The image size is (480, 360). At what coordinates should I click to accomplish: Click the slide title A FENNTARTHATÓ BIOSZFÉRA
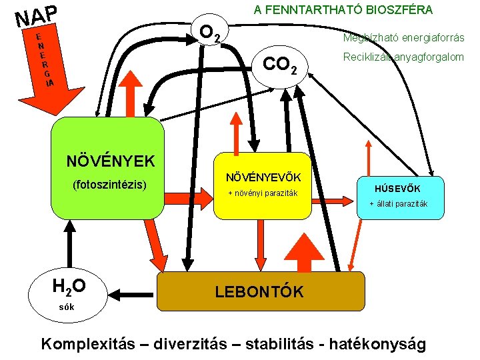[342, 10]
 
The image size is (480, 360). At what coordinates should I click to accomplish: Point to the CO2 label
[285, 65]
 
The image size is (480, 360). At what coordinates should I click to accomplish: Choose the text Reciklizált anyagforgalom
[403, 57]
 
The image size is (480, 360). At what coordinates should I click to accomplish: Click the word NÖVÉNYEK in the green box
[111, 161]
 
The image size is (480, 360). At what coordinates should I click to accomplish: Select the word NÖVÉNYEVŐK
[263, 177]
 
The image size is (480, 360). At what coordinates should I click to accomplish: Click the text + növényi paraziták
[263, 194]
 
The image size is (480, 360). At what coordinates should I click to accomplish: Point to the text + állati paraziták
[399, 204]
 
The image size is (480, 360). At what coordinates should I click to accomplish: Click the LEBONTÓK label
[259, 292]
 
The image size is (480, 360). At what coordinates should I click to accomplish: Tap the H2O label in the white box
[69, 286]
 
